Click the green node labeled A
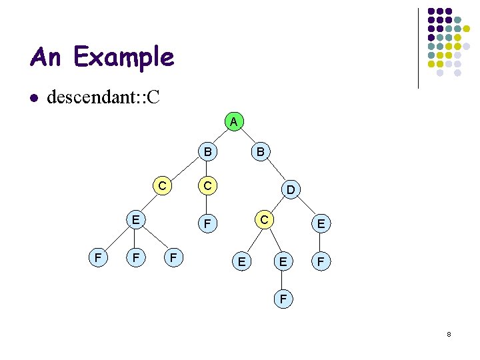tap(233, 123)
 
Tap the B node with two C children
tap(208, 153)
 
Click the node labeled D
tap(291, 191)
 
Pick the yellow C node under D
tap(264, 219)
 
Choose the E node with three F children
tap(135, 219)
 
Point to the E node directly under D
tap(321, 225)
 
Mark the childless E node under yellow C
tap(241, 262)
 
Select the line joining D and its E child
tap(306, 207)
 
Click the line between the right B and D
tap(276, 171)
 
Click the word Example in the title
tap(124, 57)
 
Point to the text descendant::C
tap(103, 99)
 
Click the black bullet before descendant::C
tap(34, 99)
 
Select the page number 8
tap(449, 333)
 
